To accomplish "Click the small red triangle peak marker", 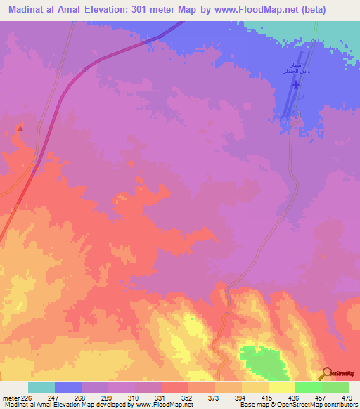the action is (20, 128).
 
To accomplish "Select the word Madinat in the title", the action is (26, 9).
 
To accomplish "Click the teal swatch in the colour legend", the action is (41, 387).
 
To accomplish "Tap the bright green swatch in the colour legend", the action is (308, 387).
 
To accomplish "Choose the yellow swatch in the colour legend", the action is (281, 387).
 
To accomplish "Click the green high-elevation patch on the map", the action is (259, 359).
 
